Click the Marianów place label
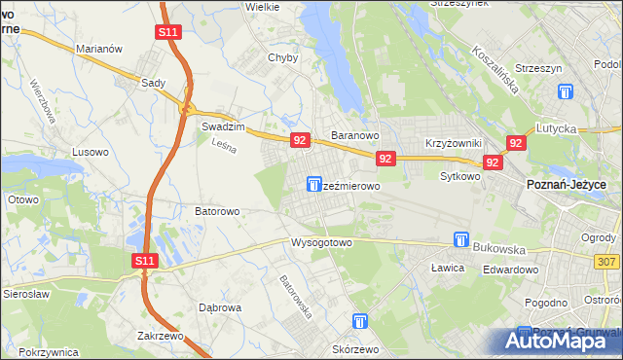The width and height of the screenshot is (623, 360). [x=97, y=49]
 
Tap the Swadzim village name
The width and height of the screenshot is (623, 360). [x=221, y=126]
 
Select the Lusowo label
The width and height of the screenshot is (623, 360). [x=92, y=153]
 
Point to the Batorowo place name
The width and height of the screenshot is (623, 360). [x=217, y=210]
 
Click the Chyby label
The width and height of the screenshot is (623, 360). [x=282, y=57]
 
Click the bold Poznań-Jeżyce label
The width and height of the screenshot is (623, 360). [x=567, y=184]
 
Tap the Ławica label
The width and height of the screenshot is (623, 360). [x=450, y=265]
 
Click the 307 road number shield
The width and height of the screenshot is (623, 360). [x=607, y=262]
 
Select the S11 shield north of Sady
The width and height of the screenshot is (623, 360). [x=167, y=32]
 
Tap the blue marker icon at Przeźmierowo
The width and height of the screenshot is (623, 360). [x=314, y=183]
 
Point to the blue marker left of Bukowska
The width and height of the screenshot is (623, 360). [x=461, y=238]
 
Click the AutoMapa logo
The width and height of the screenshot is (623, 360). [x=561, y=341]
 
